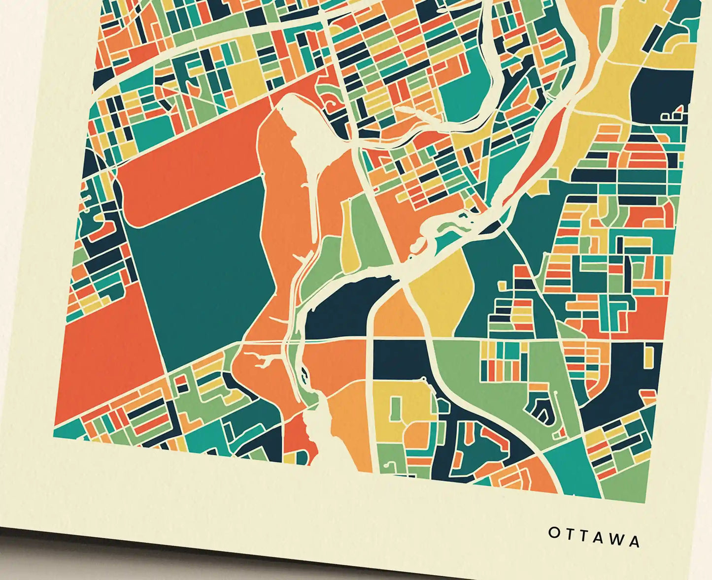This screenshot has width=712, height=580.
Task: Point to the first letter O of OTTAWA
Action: [x=554, y=532]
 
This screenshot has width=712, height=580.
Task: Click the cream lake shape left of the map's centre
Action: [x=303, y=133]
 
